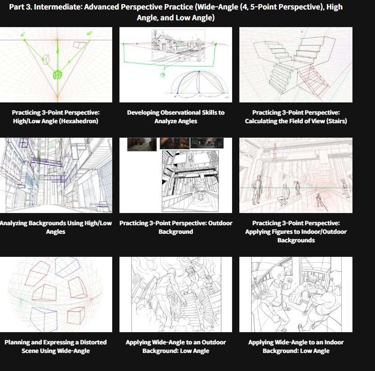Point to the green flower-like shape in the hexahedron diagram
coord(57,74)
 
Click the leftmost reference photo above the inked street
coord(142,144)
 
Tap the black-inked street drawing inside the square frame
coord(190,181)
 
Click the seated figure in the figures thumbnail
coord(283,195)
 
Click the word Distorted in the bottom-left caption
coord(93,342)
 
